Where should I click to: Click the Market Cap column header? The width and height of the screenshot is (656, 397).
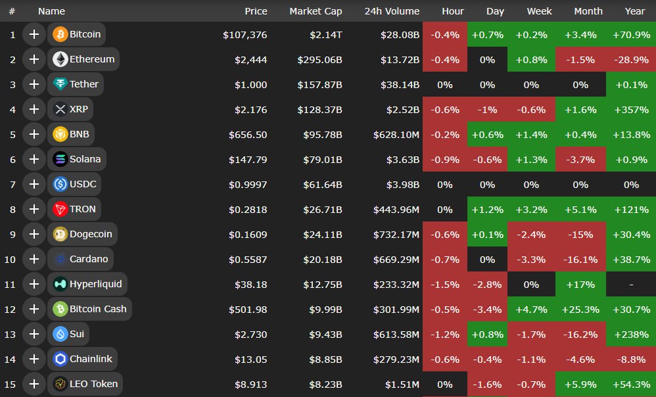click(316, 11)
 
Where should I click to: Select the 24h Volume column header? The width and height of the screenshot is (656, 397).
click(392, 11)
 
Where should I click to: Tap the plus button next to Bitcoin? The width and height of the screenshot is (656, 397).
click(34, 34)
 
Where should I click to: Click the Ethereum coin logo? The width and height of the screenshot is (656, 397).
click(60, 59)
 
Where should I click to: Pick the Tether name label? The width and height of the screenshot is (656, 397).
click(84, 84)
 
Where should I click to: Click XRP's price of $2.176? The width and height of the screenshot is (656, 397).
click(251, 109)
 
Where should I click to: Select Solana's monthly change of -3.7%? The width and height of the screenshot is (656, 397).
click(580, 159)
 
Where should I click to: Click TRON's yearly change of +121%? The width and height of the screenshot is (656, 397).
click(631, 209)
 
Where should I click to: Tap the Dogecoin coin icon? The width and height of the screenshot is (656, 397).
click(60, 234)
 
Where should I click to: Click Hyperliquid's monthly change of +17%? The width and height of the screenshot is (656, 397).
click(580, 284)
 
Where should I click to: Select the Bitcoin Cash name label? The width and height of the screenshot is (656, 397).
click(98, 309)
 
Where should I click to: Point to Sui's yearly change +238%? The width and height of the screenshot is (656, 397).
click(631, 334)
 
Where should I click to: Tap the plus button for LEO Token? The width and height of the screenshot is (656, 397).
click(34, 384)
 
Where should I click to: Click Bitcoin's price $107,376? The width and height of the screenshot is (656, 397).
click(245, 34)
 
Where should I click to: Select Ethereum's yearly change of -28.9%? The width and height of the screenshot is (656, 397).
click(631, 59)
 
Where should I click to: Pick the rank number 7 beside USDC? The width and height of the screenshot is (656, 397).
click(12, 184)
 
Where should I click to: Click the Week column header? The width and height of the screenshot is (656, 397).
click(539, 11)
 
